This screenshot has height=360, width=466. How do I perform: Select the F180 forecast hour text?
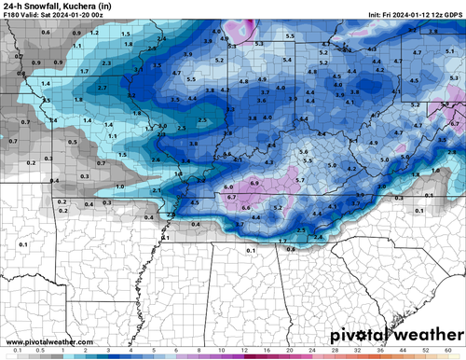click(12, 16)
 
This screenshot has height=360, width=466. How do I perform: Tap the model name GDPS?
click(453, 16)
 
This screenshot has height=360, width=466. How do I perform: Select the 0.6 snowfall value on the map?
click(46, 33)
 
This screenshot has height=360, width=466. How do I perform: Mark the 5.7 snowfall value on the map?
click(300, 178)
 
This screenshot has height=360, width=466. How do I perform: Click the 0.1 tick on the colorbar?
click(8, 355)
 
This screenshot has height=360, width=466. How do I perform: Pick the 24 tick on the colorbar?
click(311, 355)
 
